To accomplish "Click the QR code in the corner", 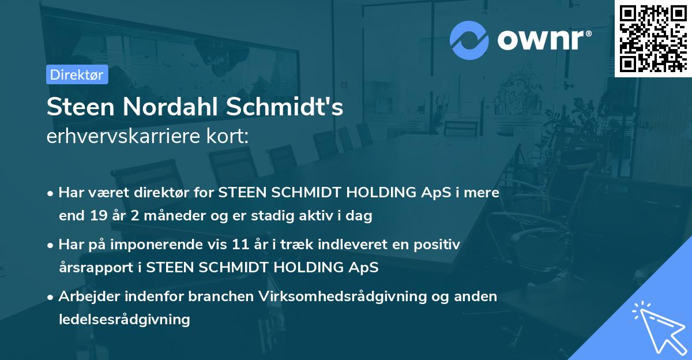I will (x=652, y=37).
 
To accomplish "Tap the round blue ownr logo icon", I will (x=468, y=40).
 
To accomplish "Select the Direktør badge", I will (x=77, y=75).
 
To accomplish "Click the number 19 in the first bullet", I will (x=97, y=216).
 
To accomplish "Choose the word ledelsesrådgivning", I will (x=124, y=319).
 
